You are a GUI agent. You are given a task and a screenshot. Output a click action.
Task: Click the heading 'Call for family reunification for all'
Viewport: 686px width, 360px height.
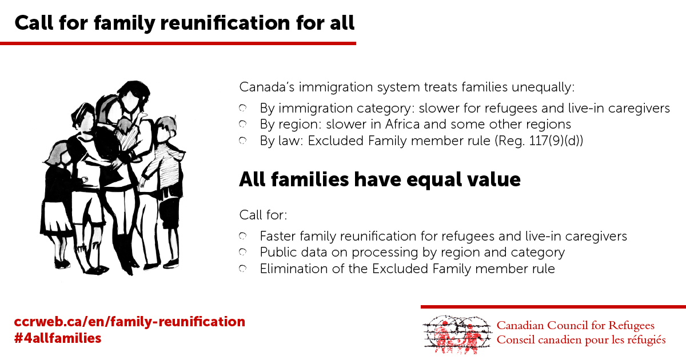184,23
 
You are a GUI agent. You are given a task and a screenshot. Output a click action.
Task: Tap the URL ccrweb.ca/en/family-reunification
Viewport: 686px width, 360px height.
129,322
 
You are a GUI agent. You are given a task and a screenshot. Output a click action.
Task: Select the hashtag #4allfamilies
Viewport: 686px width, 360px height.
57,338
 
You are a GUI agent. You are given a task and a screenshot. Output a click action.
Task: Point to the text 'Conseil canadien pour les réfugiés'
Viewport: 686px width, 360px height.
581,340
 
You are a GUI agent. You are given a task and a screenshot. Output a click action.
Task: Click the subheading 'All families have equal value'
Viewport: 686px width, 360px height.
380,179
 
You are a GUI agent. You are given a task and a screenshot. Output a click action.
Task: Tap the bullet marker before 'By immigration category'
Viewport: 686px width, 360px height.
243,108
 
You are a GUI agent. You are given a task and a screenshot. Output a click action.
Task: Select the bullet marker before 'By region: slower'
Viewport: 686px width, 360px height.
243,124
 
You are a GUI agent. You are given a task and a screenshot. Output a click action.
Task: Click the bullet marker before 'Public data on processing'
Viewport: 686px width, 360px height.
243,252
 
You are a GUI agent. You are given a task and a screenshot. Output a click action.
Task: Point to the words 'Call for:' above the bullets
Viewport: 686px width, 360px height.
263,215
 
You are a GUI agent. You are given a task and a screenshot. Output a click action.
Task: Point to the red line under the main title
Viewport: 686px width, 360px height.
178,43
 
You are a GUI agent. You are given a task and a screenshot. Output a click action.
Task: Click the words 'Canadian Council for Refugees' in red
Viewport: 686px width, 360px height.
575,326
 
